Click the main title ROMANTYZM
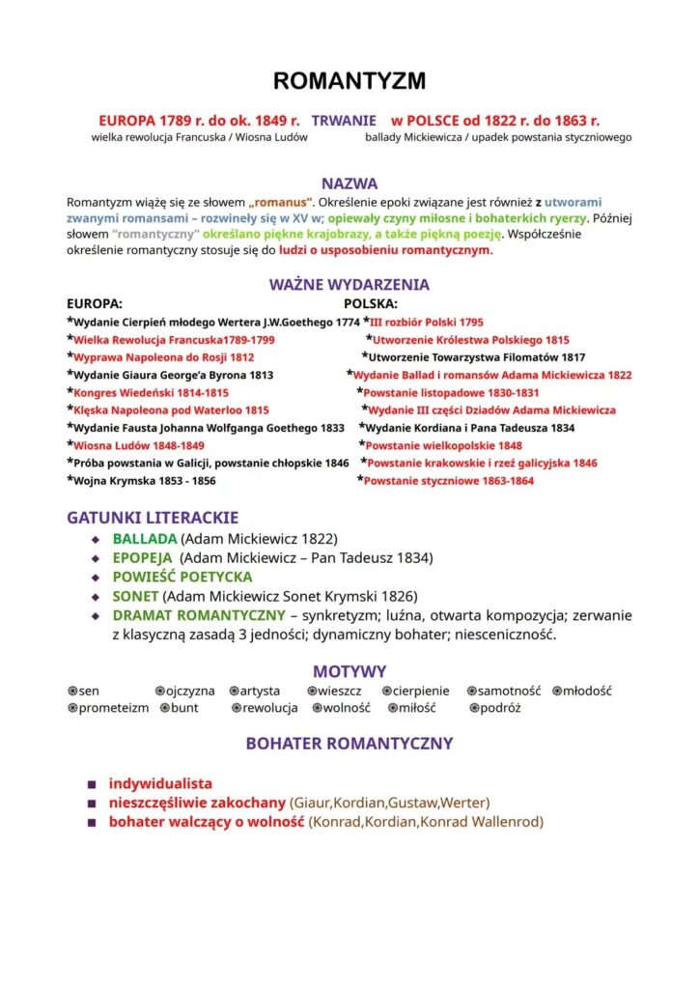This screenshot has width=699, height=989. tap(349, 80)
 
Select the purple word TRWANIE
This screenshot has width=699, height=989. tap(344, 121)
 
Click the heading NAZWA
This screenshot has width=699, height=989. tap(349, 184)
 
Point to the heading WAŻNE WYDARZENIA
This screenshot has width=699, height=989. tap(349, 285)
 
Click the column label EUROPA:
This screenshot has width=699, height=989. tap(95, 303)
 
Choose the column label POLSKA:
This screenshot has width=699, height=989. tap(371, 303)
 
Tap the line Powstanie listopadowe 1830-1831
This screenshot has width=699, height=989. tap(452, 393)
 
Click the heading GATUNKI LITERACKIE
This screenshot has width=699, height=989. tap(153, 518)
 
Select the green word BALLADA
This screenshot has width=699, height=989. tap(145, 538)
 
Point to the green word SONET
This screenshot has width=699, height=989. tap(135, 596)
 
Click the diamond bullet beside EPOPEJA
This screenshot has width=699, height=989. tap(95, 558)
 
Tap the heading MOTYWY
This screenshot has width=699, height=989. tap(349, 671)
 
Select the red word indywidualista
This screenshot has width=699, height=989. tap(160, 783)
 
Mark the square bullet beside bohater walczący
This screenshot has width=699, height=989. tap(92, 823)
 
